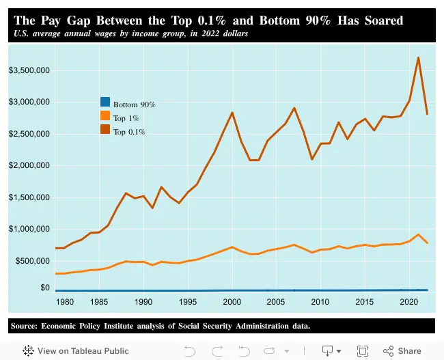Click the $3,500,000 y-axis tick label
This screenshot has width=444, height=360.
click(x=27, y=70)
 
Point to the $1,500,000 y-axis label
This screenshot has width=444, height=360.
click(x=27, y=197)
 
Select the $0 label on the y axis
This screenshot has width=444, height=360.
click(x=42, y=288)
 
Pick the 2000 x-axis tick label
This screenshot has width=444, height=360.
click(x=232, y=301)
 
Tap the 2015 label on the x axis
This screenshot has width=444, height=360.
click(x=365, y=301)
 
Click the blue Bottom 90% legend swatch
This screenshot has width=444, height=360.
click(x=105, y=105)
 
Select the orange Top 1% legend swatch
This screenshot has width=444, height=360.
click(x=105, y=117)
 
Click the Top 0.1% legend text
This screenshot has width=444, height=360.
click(x=129, y=131)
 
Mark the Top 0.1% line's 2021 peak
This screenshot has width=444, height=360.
click(x=418, y=57)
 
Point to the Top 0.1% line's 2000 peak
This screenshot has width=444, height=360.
click(x=232, y=113)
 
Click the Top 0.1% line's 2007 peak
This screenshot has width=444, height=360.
click(x=294, y=108)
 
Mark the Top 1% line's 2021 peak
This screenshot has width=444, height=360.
click(x=418, y=234)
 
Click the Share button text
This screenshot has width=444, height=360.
click(x=409, y=350)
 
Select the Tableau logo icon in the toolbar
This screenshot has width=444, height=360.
click(x=28, y=350)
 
